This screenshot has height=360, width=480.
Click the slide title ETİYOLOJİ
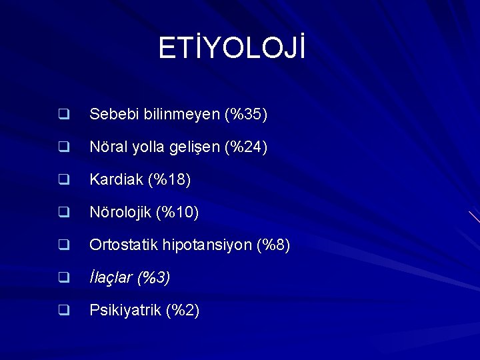(231, 49)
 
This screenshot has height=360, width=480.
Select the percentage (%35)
(246, 115)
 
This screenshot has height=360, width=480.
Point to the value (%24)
(246, 147)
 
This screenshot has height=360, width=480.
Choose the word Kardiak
(115, 180)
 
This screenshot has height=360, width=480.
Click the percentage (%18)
(169, 180)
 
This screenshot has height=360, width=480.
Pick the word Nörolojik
(121, 213)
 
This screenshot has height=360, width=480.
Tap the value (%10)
(177, 213)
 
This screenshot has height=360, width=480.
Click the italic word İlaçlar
(111, 278)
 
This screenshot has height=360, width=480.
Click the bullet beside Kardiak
(64, 180)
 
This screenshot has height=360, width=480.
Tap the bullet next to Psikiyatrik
(64, 310)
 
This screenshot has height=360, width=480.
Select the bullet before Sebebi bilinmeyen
(64, 115)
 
